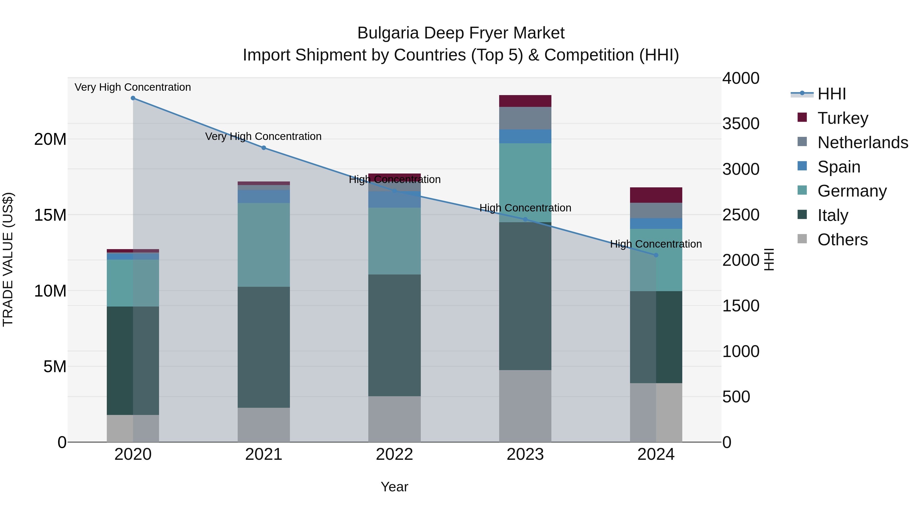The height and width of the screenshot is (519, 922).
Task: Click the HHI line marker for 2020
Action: tap(133, 98)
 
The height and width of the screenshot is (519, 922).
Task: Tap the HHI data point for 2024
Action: tap(656, 255)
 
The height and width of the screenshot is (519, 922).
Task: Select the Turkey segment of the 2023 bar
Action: tap(525, 101)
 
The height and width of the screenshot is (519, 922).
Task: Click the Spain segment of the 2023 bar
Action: tap(525, 136)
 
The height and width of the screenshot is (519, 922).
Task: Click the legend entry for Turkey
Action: tap(843, 118)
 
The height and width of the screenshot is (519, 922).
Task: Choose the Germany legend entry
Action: tap(852, 191)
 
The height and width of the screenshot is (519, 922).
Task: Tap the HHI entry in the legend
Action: tap(831, 94)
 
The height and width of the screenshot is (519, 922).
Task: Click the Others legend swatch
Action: tap(802, 239)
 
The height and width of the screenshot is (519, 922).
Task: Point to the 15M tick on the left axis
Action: tap(50, 215)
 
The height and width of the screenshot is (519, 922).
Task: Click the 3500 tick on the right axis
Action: tap(740, 124)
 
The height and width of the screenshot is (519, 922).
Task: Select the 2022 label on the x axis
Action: tap(394, 454)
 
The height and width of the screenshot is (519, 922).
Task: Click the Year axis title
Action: tap(394, 487)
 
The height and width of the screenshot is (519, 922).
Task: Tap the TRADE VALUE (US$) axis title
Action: tap(8, 259)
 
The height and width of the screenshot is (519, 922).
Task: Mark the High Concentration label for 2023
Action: tap(525, 208)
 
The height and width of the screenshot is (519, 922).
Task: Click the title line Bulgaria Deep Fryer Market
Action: tap(461, 33)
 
